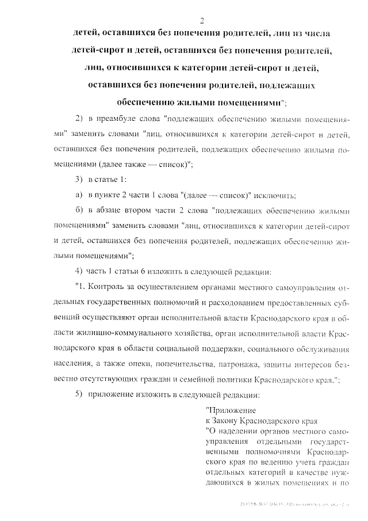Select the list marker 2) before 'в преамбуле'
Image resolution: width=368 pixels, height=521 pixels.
tap(80, 119)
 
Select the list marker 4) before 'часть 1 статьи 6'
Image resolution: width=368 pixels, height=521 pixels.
tap(80, 270)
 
